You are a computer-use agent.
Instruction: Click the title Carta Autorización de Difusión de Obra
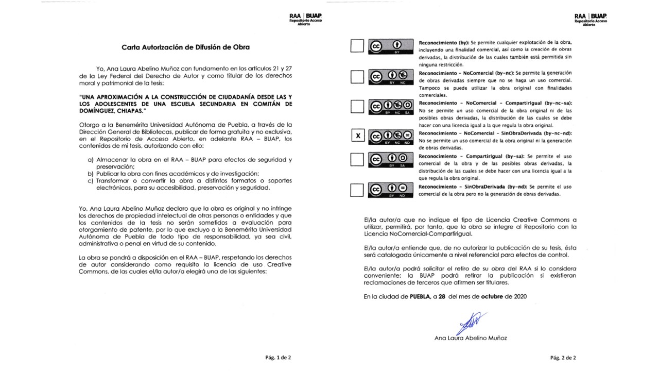(185, 47)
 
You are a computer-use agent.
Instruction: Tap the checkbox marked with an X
(357, 136)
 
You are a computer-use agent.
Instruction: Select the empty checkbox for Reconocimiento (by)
(357, 46)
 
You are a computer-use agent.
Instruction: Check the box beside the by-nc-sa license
(357, 107)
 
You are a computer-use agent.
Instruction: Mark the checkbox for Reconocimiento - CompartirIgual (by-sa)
(357, 160)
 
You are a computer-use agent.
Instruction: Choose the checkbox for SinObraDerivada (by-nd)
(357, 190)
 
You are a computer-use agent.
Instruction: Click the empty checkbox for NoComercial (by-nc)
(357, 77)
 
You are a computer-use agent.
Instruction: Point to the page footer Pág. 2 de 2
(563, 357)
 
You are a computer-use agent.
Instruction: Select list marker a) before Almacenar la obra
(91, 160)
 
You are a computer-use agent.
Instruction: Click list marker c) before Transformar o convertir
(91, 181)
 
